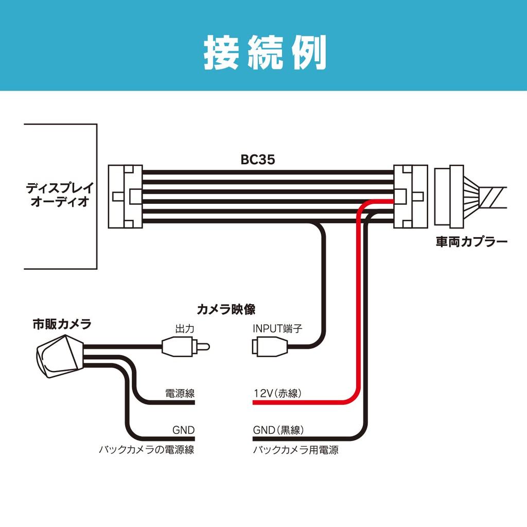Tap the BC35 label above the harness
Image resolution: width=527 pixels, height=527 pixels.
click(x=258, y=160)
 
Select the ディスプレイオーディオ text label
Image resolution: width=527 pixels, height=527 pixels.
click(x=57, y=195)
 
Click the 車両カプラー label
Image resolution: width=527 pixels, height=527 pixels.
click(x=471, y=241)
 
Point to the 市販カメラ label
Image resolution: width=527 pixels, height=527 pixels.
click(x=62, y=324)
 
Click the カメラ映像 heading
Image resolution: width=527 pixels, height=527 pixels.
click(x=226, y=309)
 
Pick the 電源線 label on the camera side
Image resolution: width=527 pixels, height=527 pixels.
click(x=180, y=394)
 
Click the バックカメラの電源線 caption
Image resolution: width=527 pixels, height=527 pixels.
click(x=147, y=450)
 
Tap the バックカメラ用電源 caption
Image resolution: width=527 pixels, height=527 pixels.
click(x=295, y=450)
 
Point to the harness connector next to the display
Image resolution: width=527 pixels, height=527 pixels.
click(x=125, y=196)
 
